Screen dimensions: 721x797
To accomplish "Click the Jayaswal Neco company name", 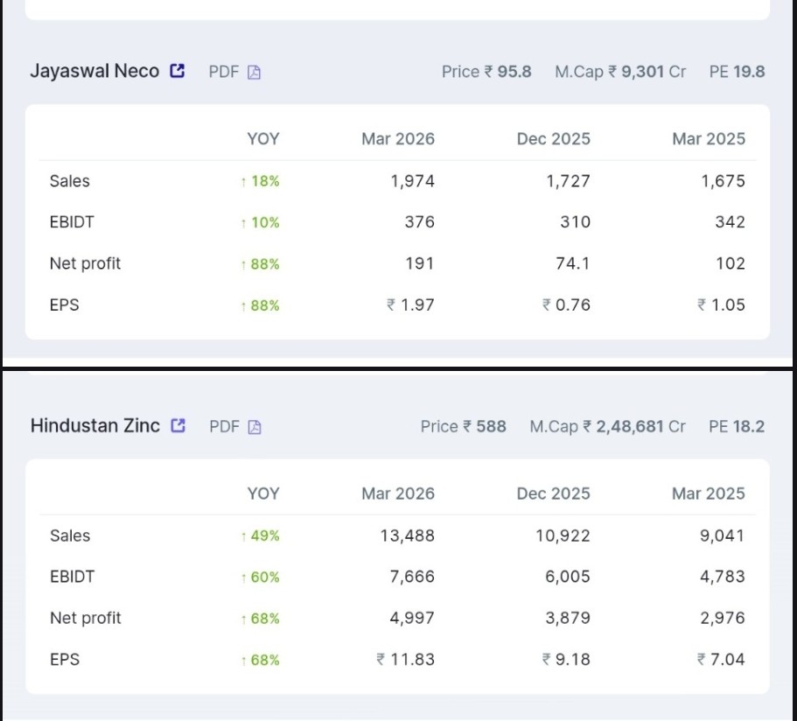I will point(94,72).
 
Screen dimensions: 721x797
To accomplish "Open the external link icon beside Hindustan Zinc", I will point(178,426).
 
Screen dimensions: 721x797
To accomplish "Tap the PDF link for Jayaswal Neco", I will point(234,72).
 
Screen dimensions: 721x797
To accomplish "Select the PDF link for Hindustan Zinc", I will point(235,427).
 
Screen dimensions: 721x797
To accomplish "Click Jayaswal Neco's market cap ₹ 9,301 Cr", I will point(620,72).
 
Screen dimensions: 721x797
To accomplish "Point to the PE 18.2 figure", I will point(737,427).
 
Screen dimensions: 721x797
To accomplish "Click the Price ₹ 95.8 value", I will point(486,72).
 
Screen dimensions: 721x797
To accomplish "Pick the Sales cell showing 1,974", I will point(412,181).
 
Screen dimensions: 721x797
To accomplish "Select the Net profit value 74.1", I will point(572,263).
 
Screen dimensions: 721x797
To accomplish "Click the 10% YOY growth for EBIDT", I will point(261,223).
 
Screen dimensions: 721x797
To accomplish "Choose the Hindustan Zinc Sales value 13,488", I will point(407,535).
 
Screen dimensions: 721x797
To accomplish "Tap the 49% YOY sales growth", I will point(261,536).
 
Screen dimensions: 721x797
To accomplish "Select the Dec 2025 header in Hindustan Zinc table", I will point(553,493).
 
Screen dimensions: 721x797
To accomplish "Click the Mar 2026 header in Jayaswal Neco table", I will point(398,139).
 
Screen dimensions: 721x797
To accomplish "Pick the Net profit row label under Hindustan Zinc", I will point(86,618).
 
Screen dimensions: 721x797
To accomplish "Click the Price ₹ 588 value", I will point(463,427).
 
